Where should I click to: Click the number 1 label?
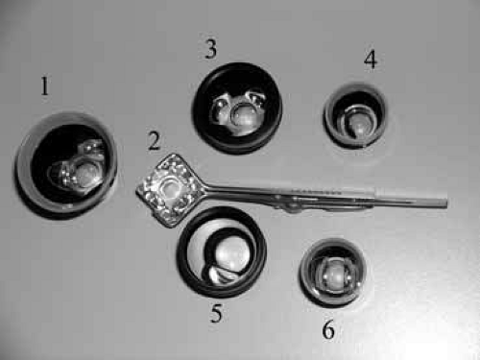click(45, 85)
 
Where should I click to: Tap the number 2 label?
click(155, 141)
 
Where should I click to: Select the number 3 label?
click(211, 49)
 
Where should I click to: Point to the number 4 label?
click(371, 60)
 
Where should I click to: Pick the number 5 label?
click(216, 313)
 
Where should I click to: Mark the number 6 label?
click(328, 329)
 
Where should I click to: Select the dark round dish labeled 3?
click(237, 108)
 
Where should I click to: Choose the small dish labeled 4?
click(354, 115)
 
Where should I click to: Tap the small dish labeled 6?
click(333, 272)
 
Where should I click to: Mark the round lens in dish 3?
click(245, 115)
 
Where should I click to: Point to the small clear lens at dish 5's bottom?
click(222, 276)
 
